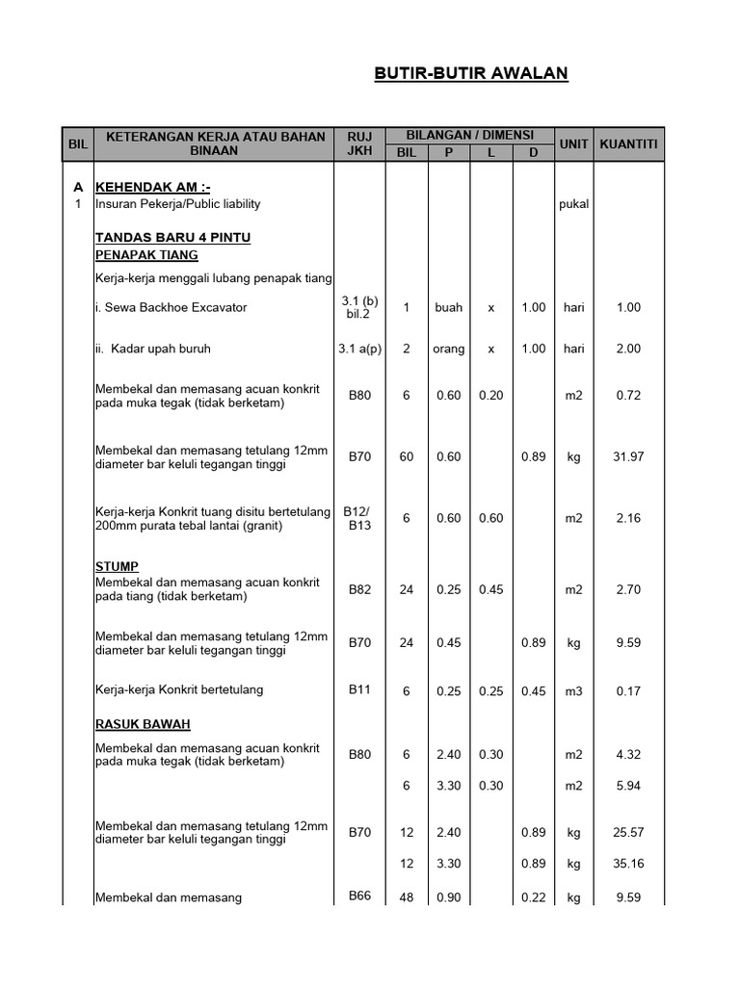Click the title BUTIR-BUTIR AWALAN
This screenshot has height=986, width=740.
point(470,74)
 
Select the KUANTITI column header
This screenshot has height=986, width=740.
point(628,143)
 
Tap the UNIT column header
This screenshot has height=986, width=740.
point(573,143)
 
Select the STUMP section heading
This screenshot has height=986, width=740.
point(117,566)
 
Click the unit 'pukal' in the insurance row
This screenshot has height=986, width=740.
point(573,204)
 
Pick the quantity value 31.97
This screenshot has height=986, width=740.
point(628,456)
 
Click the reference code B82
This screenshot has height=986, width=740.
point(359,589)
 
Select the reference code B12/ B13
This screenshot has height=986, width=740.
point(359,518)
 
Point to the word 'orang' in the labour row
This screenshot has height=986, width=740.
point(448,349)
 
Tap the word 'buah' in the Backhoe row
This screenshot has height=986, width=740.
point(448,307)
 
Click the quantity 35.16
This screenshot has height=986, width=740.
point(628,863)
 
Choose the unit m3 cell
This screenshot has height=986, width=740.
point(573,690)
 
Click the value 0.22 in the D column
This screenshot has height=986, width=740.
point(533,897)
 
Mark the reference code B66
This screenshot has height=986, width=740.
point(359,895)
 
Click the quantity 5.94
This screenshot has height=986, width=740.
point(628,786)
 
